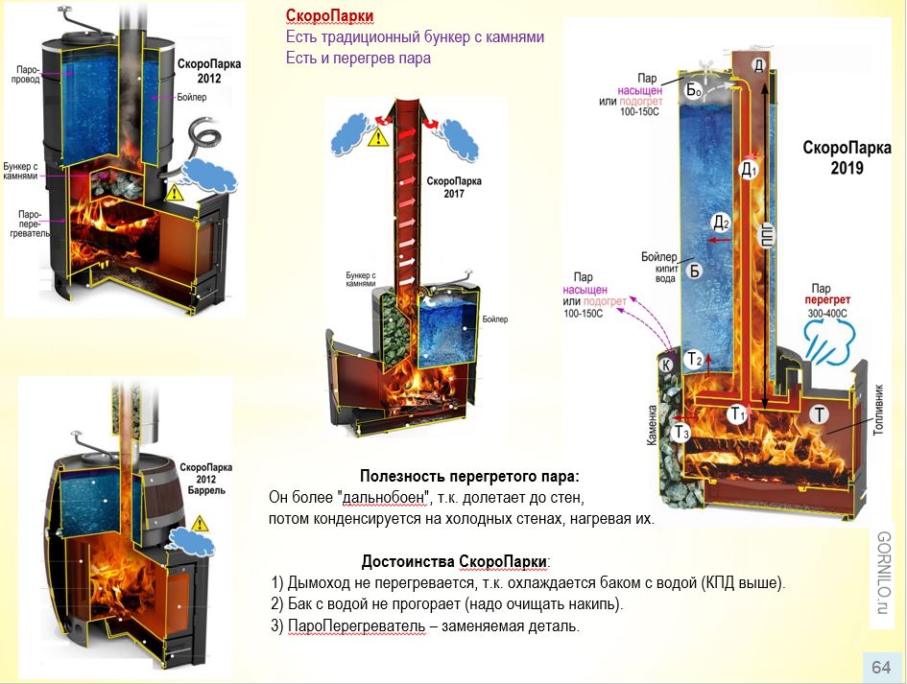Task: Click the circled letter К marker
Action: (664, 364)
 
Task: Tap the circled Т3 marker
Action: (680, 434)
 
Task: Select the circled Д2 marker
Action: (721, 224)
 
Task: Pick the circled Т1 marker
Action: (737, 414)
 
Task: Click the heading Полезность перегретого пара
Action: (469, 477)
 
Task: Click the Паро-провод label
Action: (28, 76)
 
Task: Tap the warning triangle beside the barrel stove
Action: (201, 524)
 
